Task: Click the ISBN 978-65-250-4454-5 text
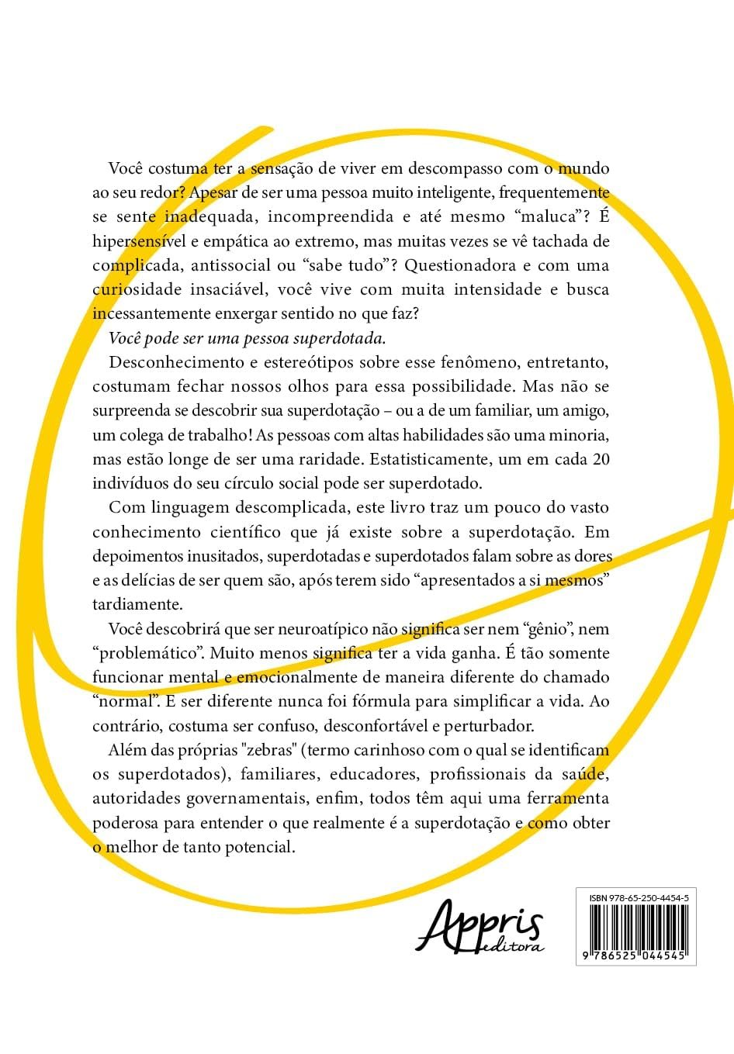[x=639, y=897]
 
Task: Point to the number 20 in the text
[x=601, y=459]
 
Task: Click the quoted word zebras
[x=272, y=750]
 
